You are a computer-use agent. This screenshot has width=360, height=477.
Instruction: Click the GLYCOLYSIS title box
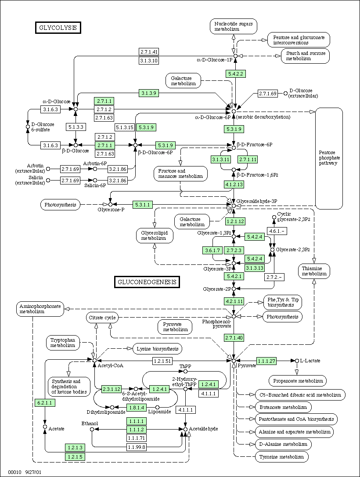58,27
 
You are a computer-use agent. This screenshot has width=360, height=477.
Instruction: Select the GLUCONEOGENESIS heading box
147,282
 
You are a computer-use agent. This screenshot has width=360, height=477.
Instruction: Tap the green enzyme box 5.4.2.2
236,74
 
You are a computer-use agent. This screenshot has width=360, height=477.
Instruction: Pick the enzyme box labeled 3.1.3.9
149,93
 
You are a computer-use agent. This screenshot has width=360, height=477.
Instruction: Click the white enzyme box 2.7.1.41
149,52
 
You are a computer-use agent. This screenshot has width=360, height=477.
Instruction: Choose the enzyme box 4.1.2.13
234,184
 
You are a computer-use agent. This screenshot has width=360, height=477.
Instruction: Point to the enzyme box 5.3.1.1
143,205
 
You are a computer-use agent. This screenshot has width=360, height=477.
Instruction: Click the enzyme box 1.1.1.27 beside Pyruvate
266,361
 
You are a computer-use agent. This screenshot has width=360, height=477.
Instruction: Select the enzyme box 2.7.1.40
234,338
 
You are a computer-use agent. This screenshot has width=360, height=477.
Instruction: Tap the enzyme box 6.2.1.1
45,403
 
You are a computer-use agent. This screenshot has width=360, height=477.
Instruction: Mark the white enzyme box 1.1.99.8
137,447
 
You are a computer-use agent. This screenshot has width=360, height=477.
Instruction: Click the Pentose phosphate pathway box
329,158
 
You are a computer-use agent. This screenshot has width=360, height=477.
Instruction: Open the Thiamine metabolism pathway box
314,271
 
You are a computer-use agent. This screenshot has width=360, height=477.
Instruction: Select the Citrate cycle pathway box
102,318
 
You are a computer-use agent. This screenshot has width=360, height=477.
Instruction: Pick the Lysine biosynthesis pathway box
158,349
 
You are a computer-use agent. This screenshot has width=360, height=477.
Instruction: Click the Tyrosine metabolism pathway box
281,457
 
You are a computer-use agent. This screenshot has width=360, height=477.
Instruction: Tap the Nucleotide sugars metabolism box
234,26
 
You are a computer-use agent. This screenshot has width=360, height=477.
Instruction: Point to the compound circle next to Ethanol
92,429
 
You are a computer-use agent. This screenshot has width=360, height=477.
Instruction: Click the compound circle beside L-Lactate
297,361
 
